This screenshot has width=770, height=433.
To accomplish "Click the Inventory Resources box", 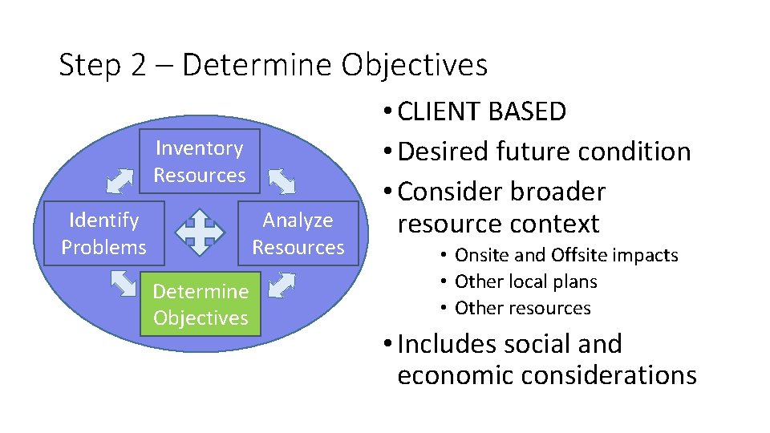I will [200, 161].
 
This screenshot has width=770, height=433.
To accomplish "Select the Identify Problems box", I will [103, 233].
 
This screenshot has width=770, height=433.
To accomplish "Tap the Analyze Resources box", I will [298, 233].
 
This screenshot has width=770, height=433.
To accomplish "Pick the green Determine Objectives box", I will [201, 304].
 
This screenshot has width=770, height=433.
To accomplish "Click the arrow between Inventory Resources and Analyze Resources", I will [282, 181].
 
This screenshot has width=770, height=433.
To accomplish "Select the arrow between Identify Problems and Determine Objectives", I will [123, 284].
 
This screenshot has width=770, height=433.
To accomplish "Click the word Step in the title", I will [91, 65].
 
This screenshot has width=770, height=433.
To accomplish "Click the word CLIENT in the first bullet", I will [442, 111].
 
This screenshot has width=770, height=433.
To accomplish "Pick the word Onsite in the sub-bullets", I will [480, 256].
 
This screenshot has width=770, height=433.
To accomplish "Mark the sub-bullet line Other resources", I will [522, 308].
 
